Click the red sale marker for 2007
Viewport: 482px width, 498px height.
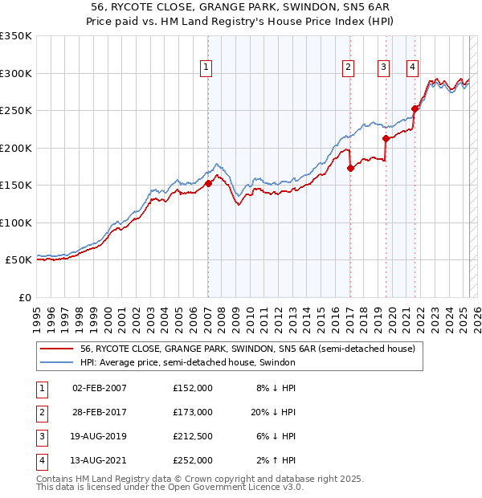(208, 183)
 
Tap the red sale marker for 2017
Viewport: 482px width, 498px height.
(350, 168)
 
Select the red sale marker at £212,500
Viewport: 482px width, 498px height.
(386, 138)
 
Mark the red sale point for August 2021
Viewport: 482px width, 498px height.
(415, 108)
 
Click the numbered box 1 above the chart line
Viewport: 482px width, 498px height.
(206, 67)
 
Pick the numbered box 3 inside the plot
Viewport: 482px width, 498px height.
(384, 67)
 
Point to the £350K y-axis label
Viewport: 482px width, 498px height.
(16, 36)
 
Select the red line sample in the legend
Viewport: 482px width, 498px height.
(56, 349)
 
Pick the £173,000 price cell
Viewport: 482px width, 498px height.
(192, 411)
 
